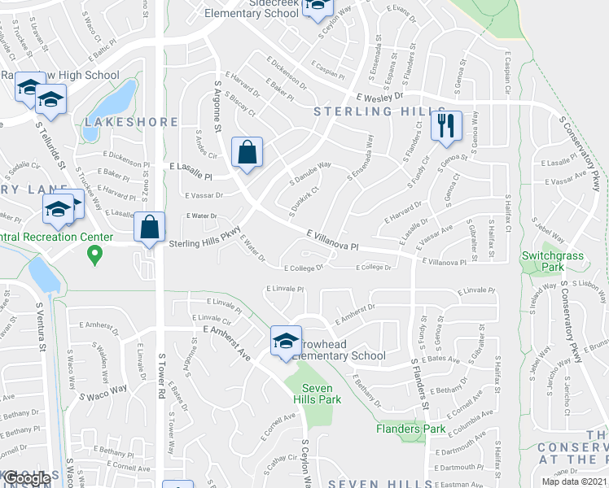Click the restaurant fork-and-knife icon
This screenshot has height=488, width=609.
pos(446,126)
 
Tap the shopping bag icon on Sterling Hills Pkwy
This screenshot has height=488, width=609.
pos(150,228)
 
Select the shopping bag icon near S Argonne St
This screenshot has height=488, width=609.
pos(247,152)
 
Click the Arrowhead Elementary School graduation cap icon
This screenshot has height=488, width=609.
pos(286,342)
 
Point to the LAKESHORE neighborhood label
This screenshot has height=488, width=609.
pos(131,122)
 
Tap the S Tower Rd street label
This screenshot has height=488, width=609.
pos(161,382)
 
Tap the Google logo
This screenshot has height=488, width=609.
pos(27,477)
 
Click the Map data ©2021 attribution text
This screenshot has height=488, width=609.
pos(574,481)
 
